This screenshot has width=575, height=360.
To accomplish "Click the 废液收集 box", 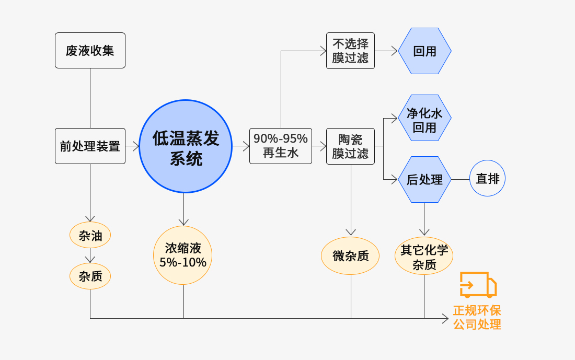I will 90,51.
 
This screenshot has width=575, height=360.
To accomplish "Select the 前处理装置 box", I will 90,146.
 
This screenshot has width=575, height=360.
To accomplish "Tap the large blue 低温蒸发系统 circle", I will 186,146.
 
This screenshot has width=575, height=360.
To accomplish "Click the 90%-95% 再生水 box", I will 280,146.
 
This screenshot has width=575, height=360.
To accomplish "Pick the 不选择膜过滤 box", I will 350,51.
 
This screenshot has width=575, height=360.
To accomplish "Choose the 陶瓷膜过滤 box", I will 350,146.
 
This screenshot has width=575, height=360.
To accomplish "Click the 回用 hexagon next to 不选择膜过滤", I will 424,51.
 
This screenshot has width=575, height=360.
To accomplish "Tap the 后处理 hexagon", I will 424,180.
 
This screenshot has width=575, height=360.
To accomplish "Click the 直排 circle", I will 487,179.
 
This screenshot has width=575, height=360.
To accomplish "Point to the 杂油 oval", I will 90,236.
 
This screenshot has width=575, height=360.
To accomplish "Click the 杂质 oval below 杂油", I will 90,276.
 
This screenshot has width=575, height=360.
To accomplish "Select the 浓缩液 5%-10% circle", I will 183,256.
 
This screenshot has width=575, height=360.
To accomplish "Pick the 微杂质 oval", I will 350,256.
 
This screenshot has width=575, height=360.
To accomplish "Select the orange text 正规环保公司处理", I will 477,317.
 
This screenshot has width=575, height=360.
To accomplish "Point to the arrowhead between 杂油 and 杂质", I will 90,260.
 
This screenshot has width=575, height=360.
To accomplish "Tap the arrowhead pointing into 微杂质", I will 351,233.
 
